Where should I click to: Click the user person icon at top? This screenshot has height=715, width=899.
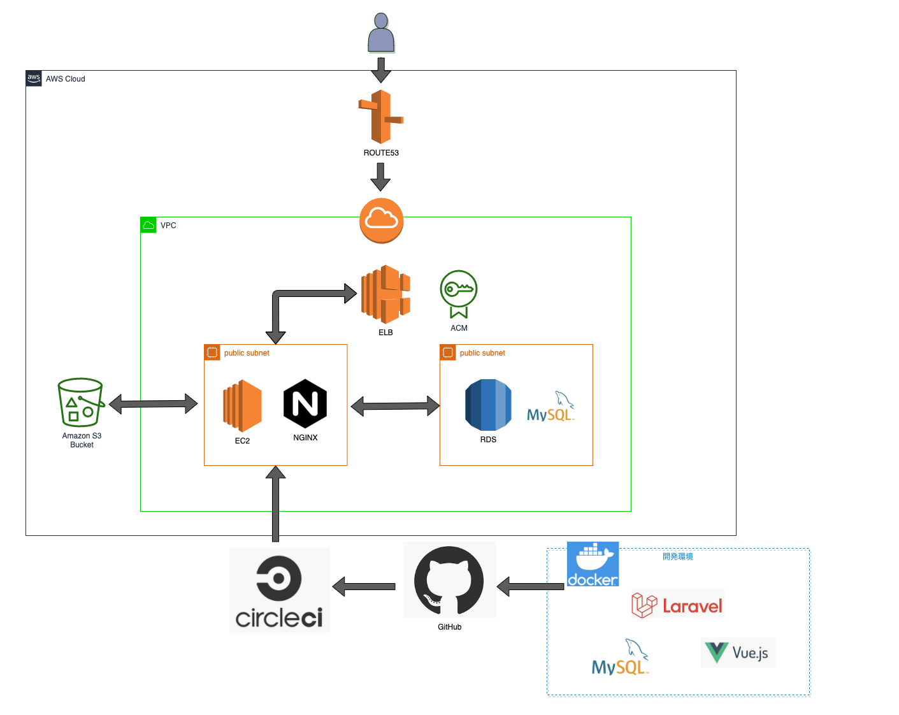[381, 33]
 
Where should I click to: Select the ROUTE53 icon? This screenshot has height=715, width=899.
[381, 117]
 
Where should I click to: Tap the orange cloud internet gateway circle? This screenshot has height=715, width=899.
[381, 220]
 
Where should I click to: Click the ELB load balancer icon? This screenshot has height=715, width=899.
[385, 294]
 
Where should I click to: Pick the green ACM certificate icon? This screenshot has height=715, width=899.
[458, 293]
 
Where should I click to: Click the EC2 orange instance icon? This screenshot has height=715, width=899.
[242, 405]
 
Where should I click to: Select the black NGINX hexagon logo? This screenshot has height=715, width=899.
[305, 403]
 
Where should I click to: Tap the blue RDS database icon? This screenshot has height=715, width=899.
[488, 405]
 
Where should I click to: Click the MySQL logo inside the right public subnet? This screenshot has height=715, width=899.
[550, 408]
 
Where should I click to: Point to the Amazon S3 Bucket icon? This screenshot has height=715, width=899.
[80, 403]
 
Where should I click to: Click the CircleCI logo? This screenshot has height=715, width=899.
[279, 591]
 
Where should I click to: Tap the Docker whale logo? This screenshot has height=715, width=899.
[593, 564]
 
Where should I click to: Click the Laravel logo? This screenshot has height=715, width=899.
[677, 605]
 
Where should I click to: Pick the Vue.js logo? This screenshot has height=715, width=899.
[738, 653]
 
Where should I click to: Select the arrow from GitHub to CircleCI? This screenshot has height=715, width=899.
[364, 586]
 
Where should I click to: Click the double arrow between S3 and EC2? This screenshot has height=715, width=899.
[154, 403]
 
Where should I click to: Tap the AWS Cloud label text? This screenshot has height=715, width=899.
[65, 79]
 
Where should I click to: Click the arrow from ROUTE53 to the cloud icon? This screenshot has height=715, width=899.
[380, 177]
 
